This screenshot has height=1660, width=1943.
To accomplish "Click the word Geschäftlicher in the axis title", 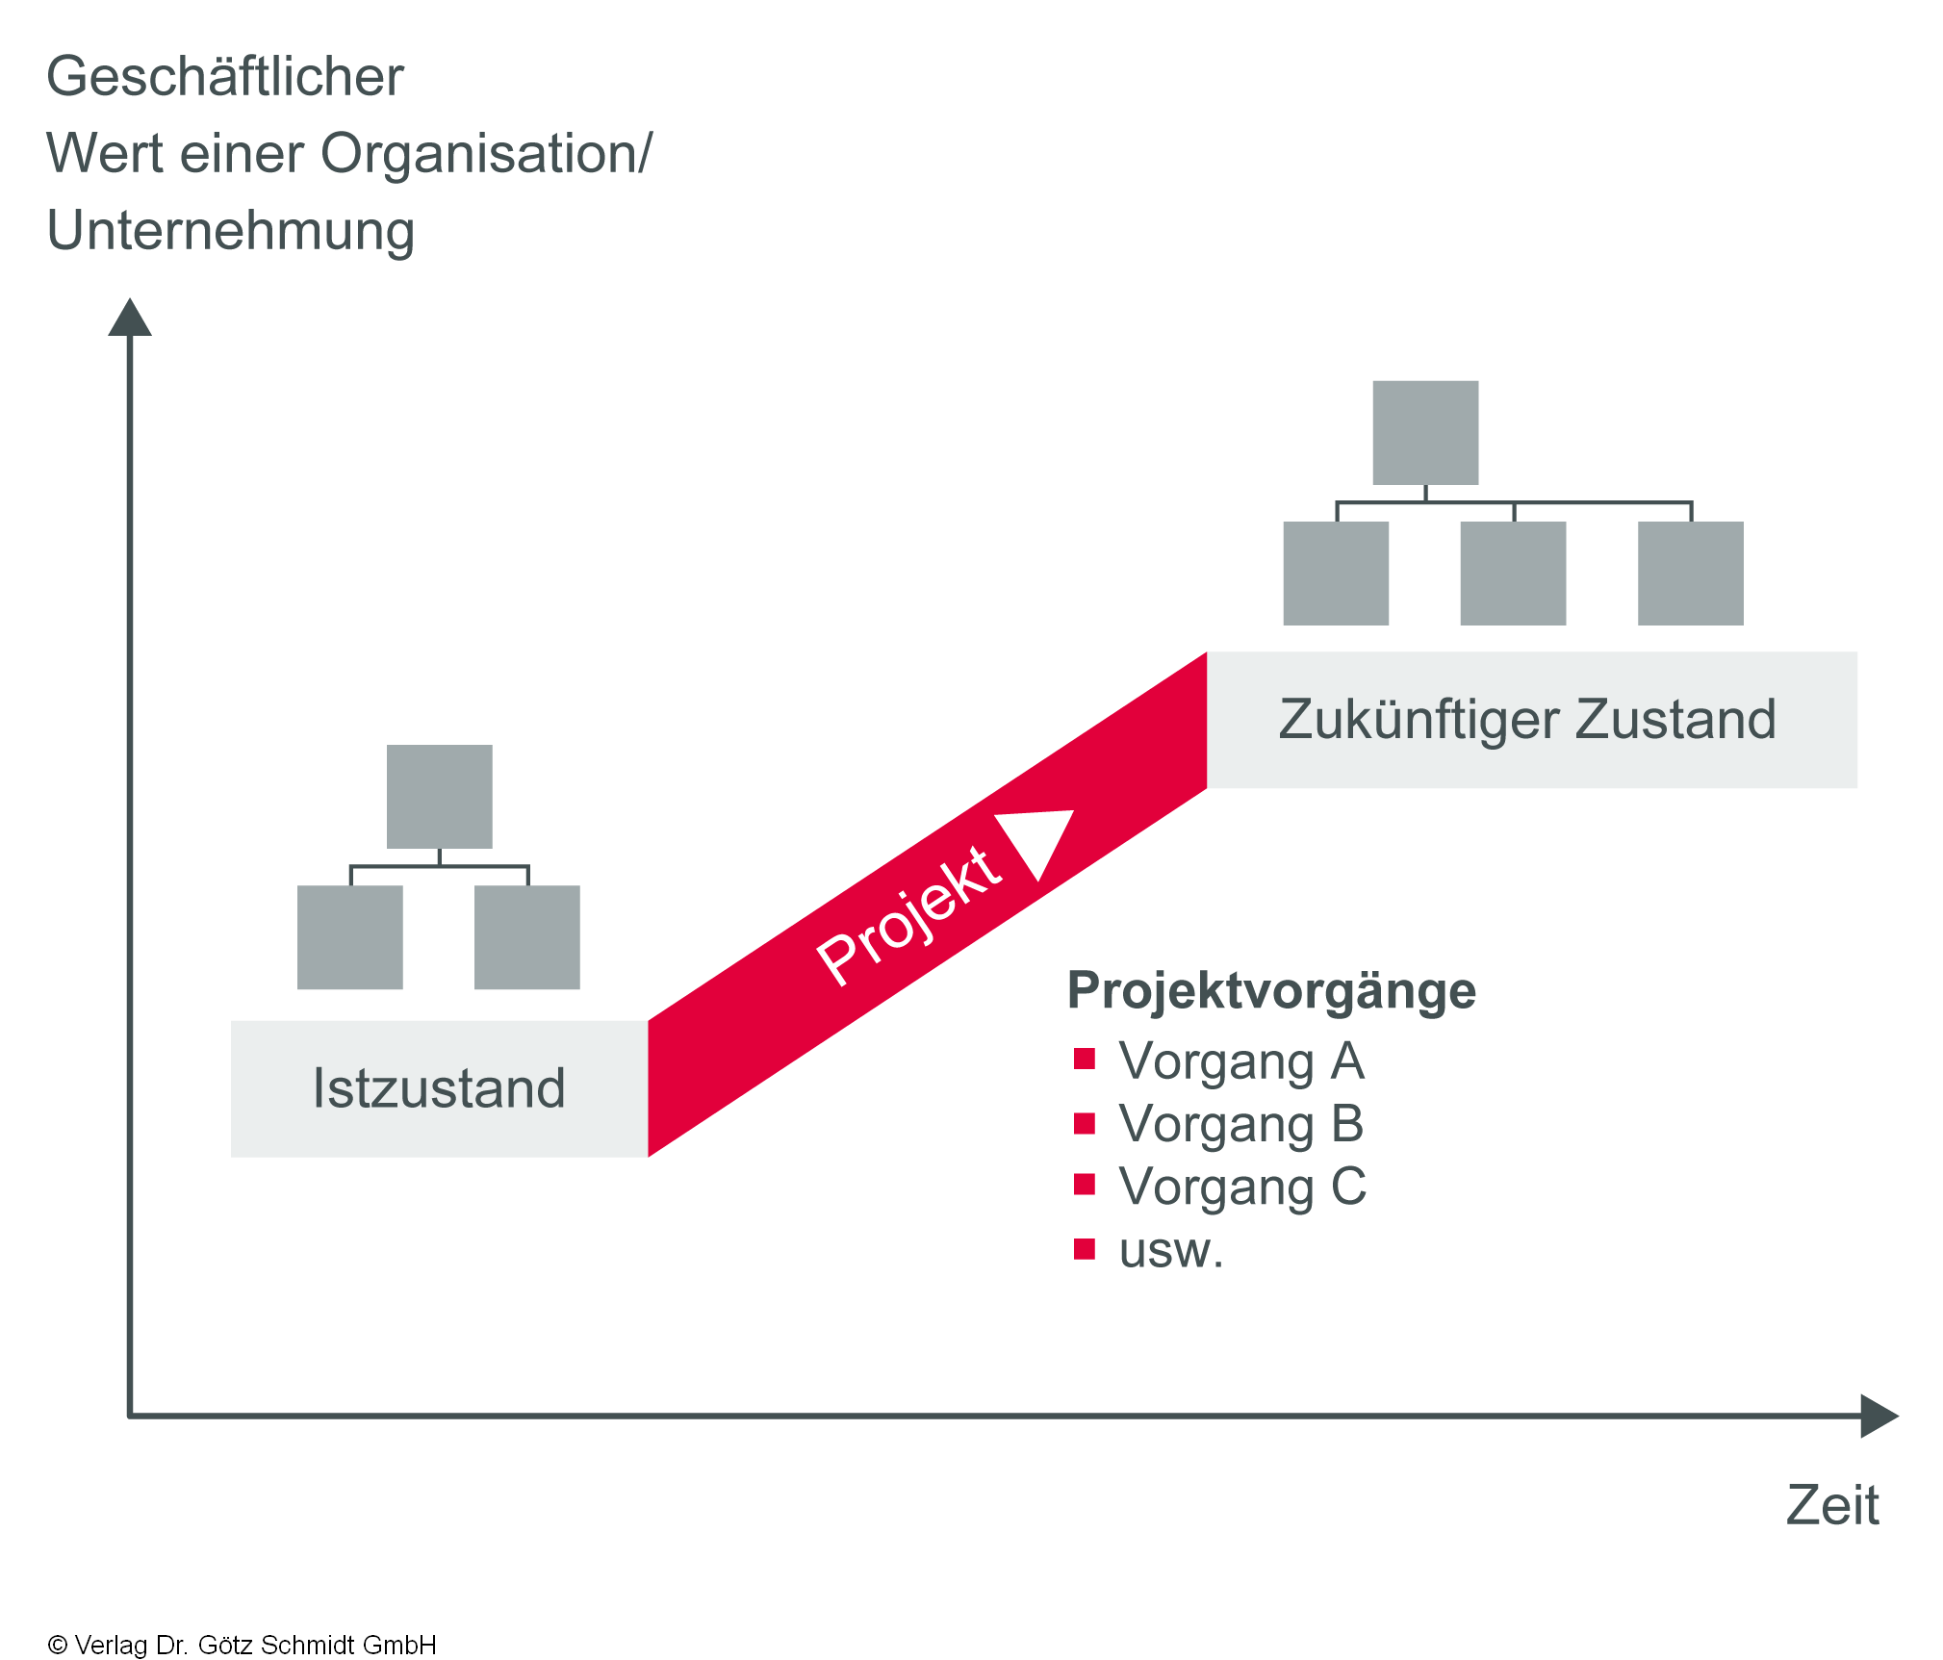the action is tap(225, 77).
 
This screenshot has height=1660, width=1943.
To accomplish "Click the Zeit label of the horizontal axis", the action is tap(1832, 1505).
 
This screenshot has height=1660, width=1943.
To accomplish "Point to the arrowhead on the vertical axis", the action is tap(130, 318).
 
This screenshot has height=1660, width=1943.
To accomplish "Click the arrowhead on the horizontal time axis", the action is tap(1879, 1416).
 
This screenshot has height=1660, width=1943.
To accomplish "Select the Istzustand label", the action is tap(439, 1088).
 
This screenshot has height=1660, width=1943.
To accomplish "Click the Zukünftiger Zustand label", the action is tap(1527, 720).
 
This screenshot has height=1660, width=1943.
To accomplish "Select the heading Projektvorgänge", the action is tap(1271, 991).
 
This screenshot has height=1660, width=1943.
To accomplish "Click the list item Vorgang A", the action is tap(1241, 1061).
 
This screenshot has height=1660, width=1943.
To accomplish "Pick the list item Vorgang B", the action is tap(1241, 1124).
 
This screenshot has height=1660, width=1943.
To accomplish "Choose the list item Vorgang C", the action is tap(1242, 1187).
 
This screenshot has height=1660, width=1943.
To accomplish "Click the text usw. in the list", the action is tap(1171, 1251).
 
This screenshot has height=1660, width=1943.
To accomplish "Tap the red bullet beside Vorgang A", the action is tap(1085, 1060).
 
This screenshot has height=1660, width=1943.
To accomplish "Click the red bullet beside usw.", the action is tap(1085, 1249).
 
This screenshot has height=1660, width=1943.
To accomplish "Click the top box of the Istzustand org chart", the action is tap(440, 797).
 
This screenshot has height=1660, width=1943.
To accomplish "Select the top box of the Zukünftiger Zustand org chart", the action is tap(1425, 433).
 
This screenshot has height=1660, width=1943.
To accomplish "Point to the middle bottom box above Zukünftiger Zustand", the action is tap(1513, 574).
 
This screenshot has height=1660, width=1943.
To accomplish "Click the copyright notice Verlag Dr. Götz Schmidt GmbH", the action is tap(243, 1645).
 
